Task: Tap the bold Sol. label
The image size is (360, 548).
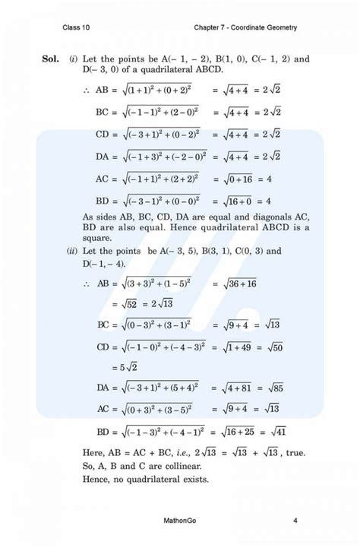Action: click(52, 59)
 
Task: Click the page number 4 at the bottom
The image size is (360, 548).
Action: click(294, 520)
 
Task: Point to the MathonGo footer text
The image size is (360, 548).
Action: click(180, 520)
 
